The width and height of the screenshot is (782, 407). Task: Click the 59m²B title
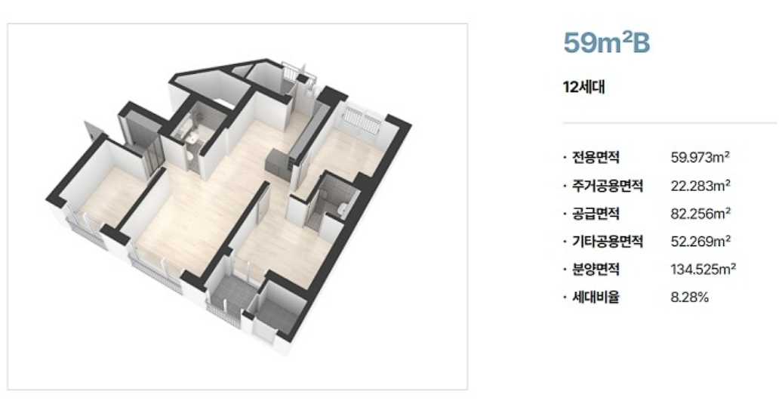607,44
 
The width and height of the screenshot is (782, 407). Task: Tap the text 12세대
584,88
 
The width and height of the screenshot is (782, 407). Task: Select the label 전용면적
596,158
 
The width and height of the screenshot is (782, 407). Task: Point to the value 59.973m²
700,158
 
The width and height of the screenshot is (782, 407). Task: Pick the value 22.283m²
700,186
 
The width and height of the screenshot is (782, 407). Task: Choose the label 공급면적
596,214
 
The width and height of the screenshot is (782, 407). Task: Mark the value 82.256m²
700,214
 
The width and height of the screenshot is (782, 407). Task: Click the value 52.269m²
700,242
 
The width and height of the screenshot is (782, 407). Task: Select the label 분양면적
596,270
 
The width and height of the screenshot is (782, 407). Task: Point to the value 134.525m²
703,270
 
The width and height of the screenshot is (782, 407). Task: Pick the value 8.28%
690,298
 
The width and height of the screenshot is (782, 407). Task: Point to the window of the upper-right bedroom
362,120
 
